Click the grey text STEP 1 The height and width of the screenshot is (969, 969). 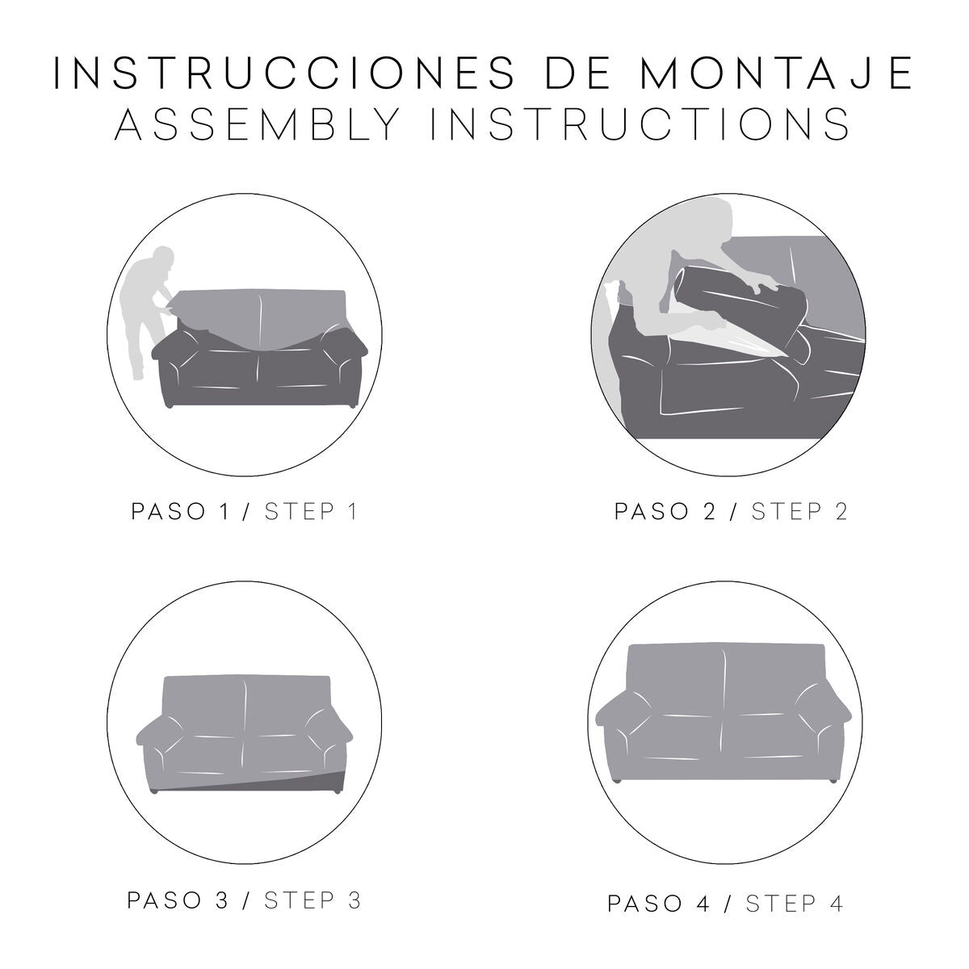pyautogui.click(x=311, y=512)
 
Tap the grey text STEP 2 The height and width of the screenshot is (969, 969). pyautogui.click(x=799, y=512)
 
